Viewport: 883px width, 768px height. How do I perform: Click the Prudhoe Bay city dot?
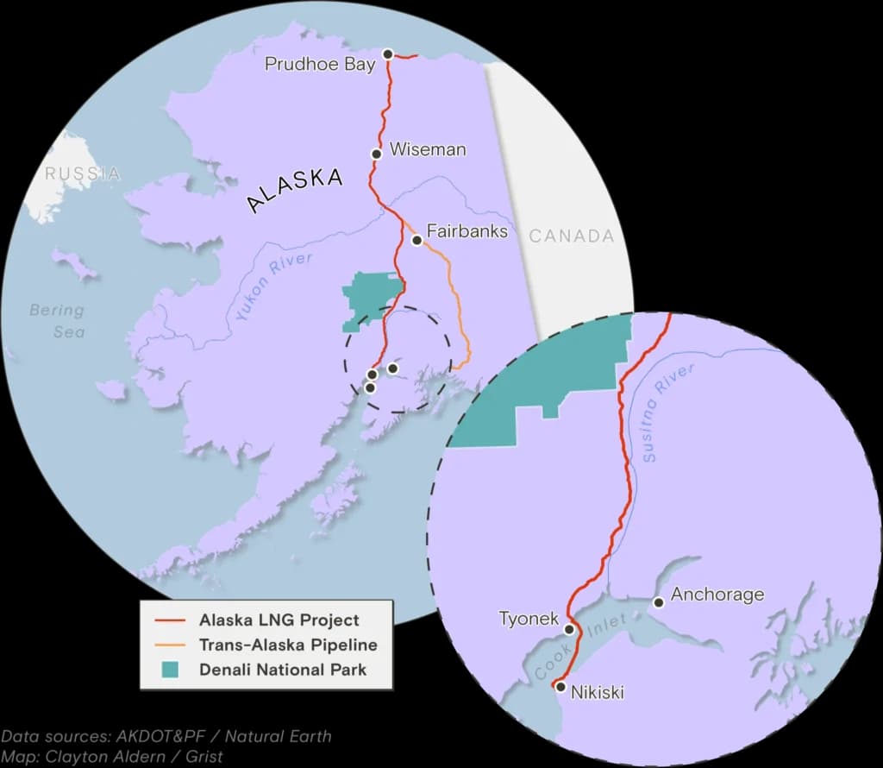(388, 54)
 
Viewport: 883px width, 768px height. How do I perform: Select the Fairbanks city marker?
(416, 240)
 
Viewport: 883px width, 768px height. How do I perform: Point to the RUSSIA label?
(83, 173)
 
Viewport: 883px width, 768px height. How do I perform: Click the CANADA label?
(572, 236)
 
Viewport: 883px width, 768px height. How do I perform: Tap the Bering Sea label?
(57, 320)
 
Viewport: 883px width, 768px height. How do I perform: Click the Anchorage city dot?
(659, 602)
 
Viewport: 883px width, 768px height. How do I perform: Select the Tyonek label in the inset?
(529, 619)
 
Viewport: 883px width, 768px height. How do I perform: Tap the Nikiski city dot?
(560, 688)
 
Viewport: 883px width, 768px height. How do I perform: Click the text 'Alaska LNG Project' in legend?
(279, 620)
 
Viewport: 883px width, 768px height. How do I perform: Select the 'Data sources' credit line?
(166, 736)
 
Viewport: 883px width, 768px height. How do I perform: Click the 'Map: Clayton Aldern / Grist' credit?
(111, 756)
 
